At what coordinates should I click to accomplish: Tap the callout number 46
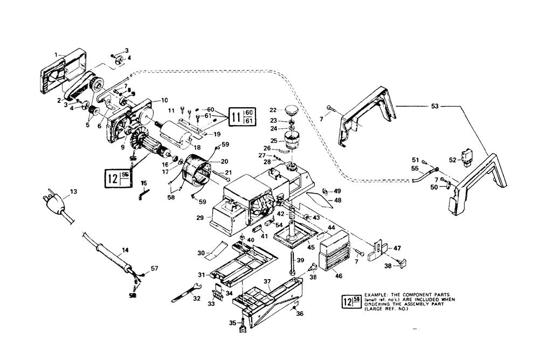(338, 275)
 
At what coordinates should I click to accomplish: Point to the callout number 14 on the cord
(125, 250)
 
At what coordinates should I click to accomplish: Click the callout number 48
(337, 200)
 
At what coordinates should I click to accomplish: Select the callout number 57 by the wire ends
(155, 268)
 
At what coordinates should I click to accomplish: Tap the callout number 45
(310, 247)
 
